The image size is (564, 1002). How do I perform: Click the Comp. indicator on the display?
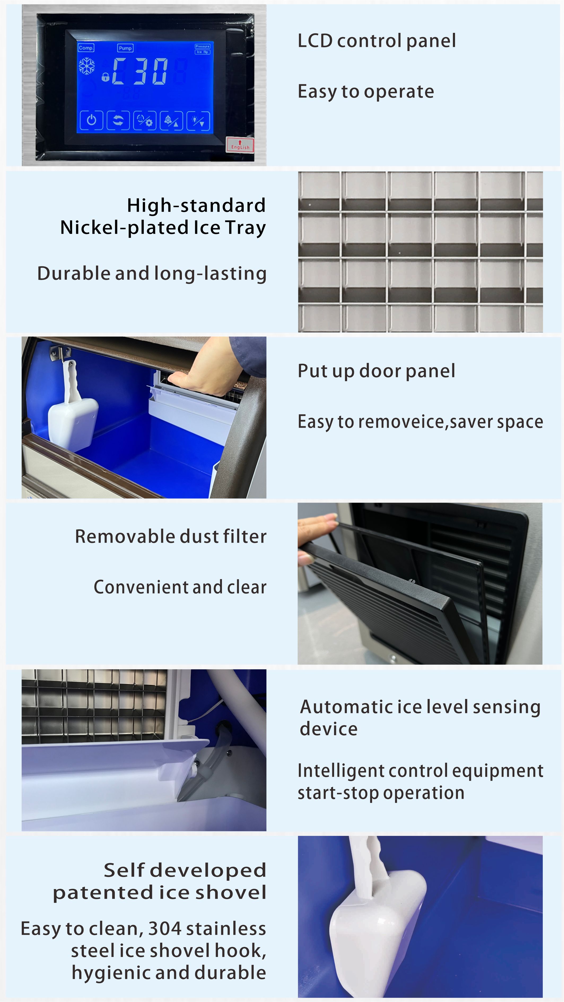click(86, 48)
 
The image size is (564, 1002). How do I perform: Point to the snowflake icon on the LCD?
click(86, 66)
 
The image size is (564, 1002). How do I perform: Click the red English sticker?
click(240, 145)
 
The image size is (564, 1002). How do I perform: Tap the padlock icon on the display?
click(105, 77)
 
